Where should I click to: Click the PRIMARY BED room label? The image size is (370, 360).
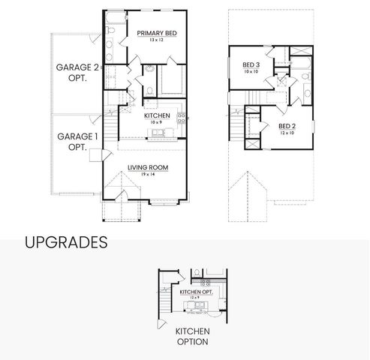pos(156,33)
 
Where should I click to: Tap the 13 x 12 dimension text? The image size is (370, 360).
pos(156,40)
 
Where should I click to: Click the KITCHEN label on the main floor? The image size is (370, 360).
pos(158,115)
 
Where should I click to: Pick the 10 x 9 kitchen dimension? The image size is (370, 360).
pos(158,122)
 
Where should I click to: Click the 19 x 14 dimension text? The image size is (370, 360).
pos(147,174)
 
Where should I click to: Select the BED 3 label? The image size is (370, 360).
pos(251,65)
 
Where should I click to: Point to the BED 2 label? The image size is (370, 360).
pos(286,126)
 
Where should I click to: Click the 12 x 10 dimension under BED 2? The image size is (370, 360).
pos(286,133)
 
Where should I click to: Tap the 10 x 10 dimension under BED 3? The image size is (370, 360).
pos(251,72)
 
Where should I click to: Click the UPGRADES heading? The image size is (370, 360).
pos(66,242)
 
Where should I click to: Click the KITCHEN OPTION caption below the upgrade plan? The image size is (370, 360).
pos(192,336)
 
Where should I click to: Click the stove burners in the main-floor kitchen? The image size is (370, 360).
pos(181,123)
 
